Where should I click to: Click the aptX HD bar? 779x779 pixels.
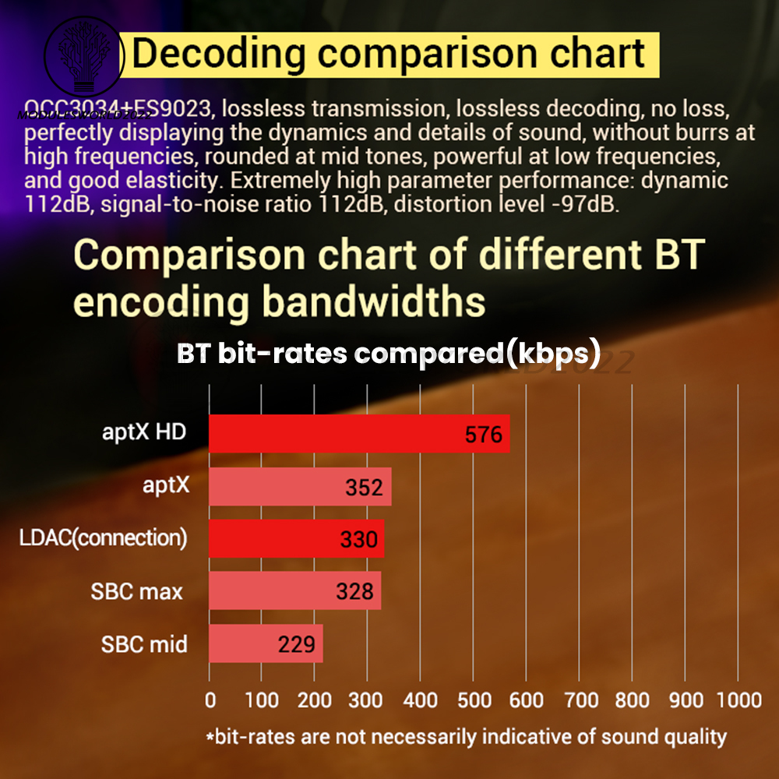(358, 434)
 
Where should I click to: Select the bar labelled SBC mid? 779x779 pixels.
(266, 644)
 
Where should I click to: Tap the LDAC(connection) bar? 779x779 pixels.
(296, 539)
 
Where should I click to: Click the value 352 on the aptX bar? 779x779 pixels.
(364, 488)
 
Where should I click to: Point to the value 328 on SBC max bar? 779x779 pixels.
(354, 592)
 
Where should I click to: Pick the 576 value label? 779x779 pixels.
(484, 435)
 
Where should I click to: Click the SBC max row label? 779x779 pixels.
(136, 592)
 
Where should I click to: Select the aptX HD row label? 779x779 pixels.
(144, 432)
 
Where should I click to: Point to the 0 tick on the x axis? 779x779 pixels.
(210, 700)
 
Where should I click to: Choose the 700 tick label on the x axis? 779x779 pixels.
(580, 700)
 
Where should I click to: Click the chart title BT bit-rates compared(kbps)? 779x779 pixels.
(389, 354)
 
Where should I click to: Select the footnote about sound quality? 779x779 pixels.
(466, 736)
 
